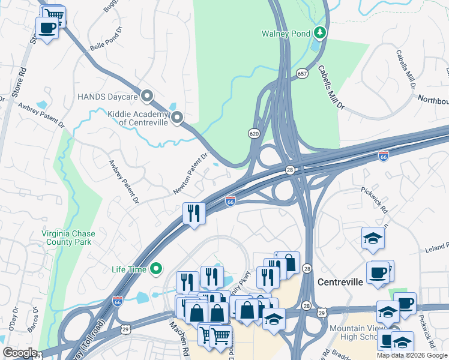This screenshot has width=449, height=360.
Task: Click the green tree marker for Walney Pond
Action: click(321, 32)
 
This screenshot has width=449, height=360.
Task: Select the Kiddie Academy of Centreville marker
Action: click(176, 118)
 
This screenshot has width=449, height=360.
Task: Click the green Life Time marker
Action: click(156, 269)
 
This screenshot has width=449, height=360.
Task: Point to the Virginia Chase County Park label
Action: click(67, 238)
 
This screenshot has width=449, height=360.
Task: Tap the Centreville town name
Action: click(340, 282)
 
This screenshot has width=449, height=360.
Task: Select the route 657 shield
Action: click(302, 73)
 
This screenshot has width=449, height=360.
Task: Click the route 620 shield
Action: click(255, 134)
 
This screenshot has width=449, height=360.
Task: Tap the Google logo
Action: click(19, 353)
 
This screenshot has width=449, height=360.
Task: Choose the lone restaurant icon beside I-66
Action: click(194, 212)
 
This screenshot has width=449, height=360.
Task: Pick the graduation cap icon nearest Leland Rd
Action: click(373, 238)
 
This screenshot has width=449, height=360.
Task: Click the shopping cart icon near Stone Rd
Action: click(54, 14)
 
